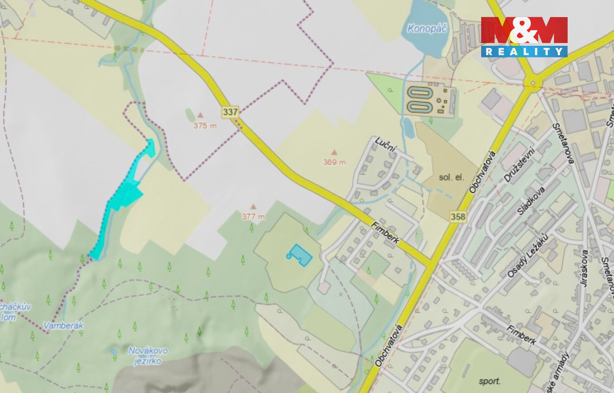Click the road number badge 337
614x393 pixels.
coord(230,112)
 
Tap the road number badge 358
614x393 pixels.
coord(457,217)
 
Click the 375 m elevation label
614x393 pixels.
coord(204,125)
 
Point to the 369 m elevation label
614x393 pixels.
coord(335,162)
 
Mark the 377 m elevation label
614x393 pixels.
coord(254,216)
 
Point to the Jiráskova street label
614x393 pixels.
coord(585,268)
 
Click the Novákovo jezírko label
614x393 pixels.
coord(148,355)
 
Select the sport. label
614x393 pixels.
coord(489,381)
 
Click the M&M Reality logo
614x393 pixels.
coord(524,36)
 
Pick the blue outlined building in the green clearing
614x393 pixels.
coord(299,255)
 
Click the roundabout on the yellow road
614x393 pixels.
coord(533,84)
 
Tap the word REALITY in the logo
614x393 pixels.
coord(524,51)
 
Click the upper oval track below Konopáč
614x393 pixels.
coord(419,92)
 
